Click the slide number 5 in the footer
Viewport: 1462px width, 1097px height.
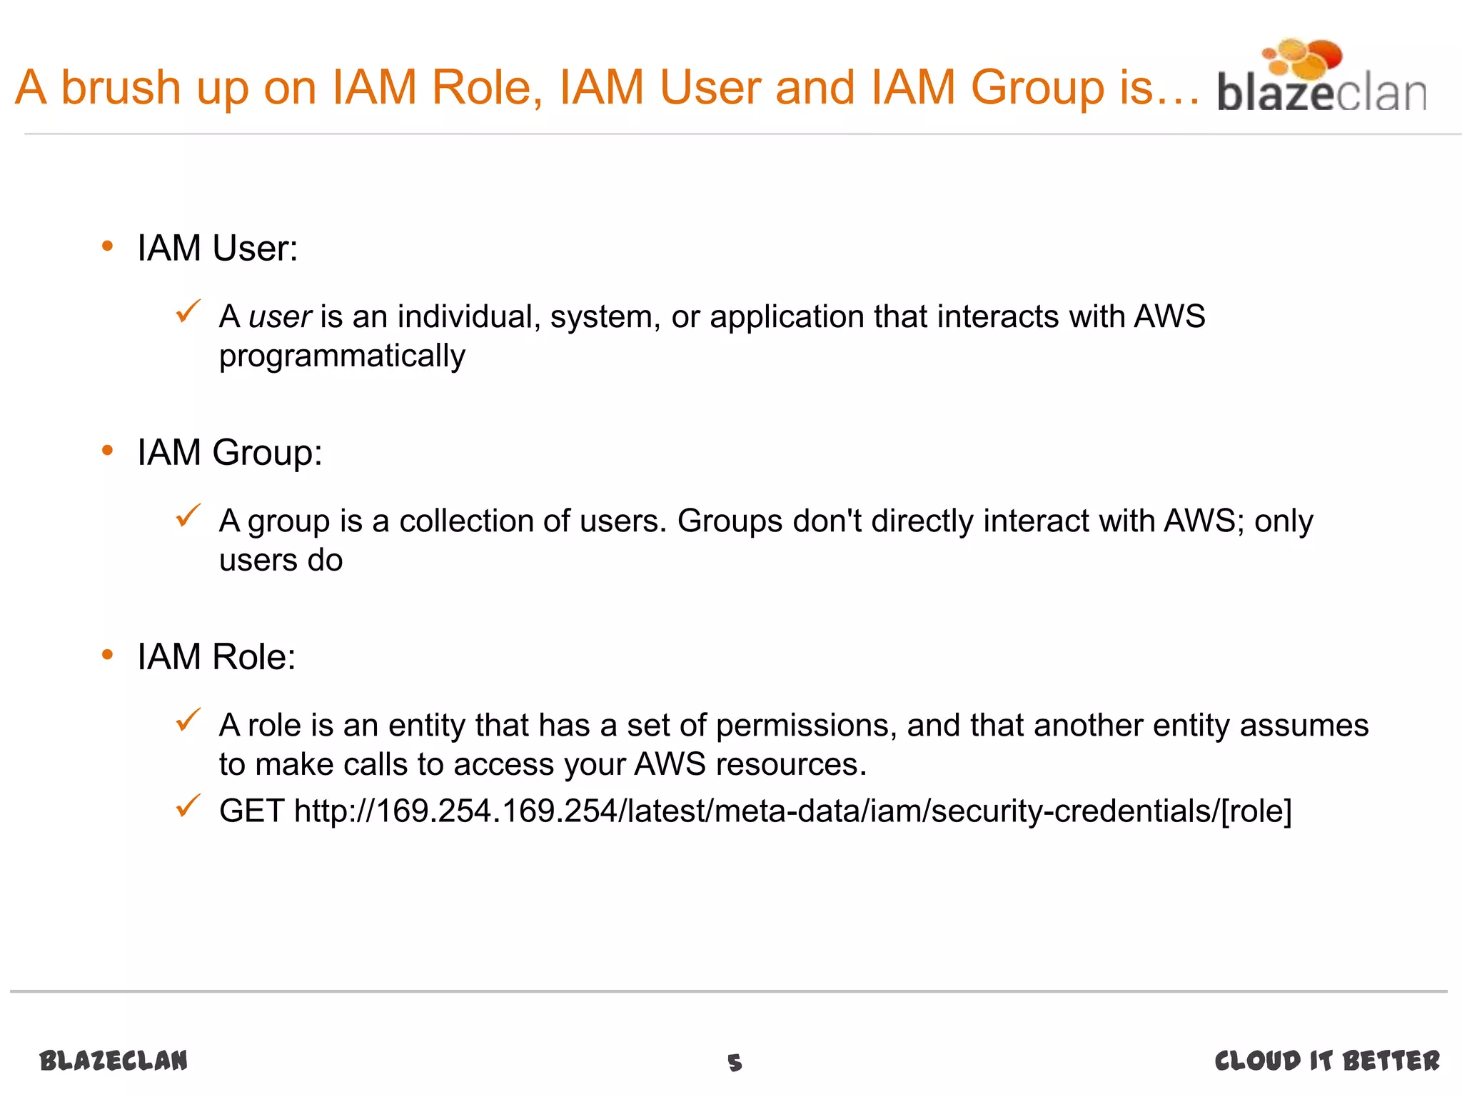tap(735, 1063)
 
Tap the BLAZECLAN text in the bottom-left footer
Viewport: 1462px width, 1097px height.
tap(114, 1061)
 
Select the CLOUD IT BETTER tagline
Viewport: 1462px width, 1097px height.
tap(1327, 1061)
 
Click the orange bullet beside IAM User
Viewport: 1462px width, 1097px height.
tap(108, 247)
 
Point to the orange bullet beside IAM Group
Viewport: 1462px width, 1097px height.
tap(108, 451)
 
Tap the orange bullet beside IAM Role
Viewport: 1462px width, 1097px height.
tap(108, 655)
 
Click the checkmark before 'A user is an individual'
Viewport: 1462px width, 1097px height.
tap(188, 311)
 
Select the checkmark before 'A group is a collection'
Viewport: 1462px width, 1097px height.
tap(188, 516)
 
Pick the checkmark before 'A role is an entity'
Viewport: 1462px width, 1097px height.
tap(188, 720)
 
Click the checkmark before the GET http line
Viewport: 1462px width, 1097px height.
tap(188, 806)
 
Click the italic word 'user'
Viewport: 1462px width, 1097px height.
tap(279, 317)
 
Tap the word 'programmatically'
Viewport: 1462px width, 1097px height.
tap(342, 356)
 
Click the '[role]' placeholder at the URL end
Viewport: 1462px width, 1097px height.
tap(1256, 811)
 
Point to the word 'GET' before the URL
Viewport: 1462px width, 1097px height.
tap(251, 811)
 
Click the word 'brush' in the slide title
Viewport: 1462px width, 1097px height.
tap(121, 87)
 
